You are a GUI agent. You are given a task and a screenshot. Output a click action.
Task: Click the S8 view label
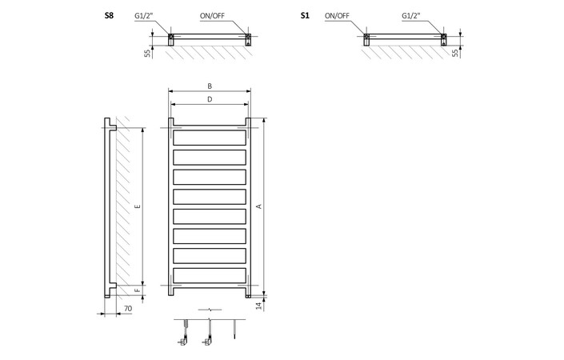pos(109,15)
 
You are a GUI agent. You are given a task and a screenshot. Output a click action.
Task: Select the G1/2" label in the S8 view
pos(145,15)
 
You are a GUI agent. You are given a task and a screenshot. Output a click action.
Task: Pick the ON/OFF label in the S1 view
pos(337,15)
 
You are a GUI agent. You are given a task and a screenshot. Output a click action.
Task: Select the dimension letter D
pos(210,99)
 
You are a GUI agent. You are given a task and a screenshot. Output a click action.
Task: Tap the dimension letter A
pos(258,206)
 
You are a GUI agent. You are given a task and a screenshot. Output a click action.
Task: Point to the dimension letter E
pos(138,206)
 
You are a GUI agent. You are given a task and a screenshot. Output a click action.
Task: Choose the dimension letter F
pos(138,291)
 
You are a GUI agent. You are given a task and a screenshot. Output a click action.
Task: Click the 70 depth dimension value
pos(129,308)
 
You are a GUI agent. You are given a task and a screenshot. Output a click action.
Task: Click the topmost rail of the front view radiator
pos(210,137)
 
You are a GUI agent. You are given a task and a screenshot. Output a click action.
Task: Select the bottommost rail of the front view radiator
pos(210,275)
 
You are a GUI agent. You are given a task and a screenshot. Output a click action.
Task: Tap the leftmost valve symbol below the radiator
pos(184,333)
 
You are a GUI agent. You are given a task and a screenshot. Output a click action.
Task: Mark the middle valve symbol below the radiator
pos(209,333)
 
